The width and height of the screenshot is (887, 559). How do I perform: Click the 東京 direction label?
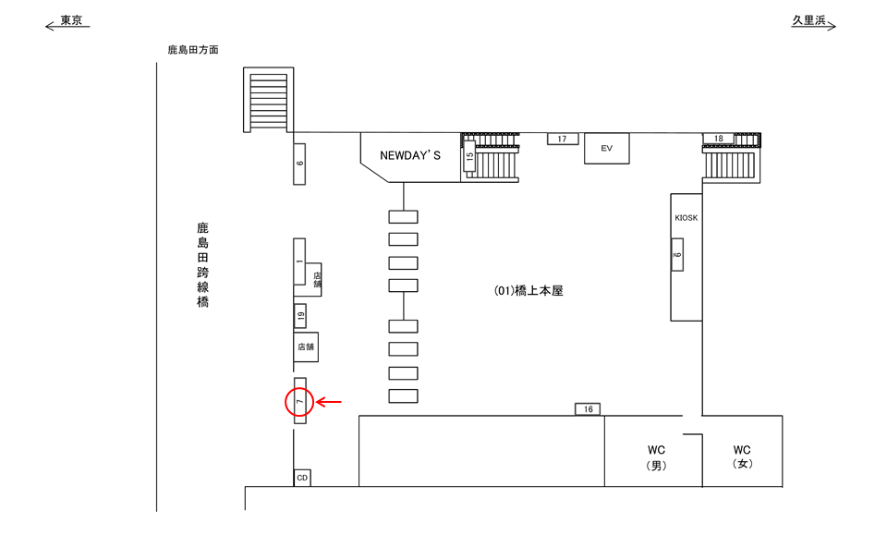pyautogui.click(x=71, y=20)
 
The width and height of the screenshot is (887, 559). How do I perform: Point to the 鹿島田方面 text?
pyautogui.click(x=193, y=50)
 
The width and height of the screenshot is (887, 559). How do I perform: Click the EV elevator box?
pyautogui.click(x=606, y=148)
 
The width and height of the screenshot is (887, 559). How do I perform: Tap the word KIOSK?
pyautogui.click(x=687, y=218)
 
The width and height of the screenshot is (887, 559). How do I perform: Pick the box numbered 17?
pyautogui.click(x=563, y=140)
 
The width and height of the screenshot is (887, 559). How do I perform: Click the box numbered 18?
pyautogui.click(x=719, y=139)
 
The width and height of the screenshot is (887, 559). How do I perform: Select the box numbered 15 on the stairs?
pyautogui.click(x=469, y=157)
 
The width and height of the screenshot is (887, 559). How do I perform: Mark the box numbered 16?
pyautogui.click(x=589, y=409)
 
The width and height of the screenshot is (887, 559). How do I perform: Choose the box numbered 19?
pyautogui.click(x=300, y=316)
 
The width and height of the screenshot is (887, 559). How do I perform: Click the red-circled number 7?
pyautogui.click(x=299, y=402)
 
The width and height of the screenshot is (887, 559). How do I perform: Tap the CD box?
pyautogui.click(x=301, y=478)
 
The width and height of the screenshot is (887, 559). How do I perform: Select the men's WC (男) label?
pyautogui.click(x=654, y=458)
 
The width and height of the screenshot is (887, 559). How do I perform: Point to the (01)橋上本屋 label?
pyautogui.click(x=529, y=290)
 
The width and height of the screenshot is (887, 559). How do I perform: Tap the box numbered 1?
pyautogui.click(x=299, y=262)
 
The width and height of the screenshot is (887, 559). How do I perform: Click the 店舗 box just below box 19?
pyautogui.click(x=306, y=347)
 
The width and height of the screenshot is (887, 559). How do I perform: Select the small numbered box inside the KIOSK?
pyautogui.click(x=677, y=254)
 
